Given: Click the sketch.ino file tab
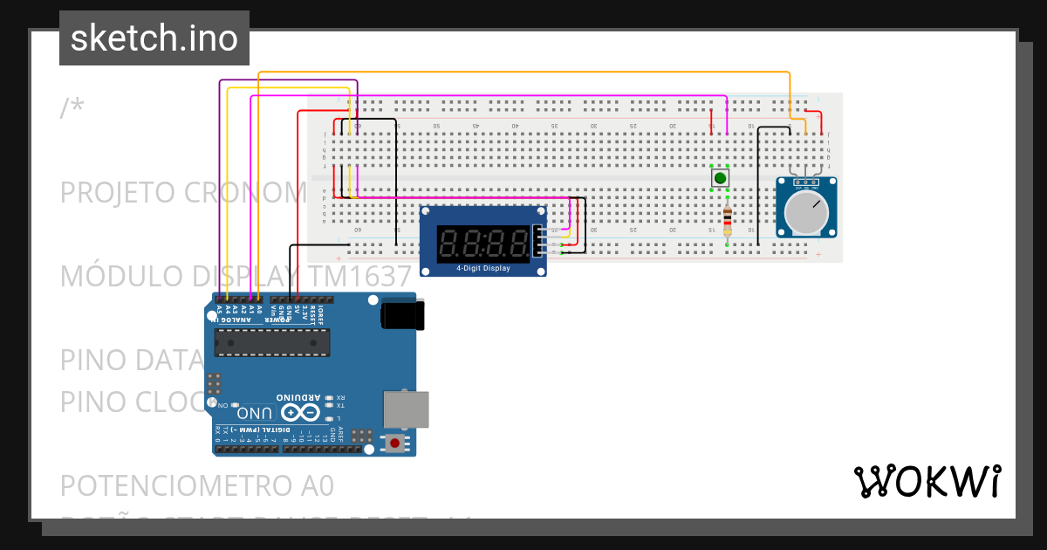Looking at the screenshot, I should pos(154,38).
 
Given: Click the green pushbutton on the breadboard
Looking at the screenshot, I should pos(720,178).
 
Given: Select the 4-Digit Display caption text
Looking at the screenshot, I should pos(483,268).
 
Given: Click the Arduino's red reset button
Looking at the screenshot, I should pos(395,443).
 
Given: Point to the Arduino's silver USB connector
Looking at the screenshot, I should pos(407,409).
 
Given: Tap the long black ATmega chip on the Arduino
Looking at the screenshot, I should pos(272,343).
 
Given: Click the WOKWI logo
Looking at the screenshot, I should pos(927,481).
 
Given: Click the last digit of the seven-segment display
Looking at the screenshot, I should pos(520,243).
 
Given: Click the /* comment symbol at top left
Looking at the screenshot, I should pos(72,108).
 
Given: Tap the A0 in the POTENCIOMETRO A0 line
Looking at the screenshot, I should pos(315,485).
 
